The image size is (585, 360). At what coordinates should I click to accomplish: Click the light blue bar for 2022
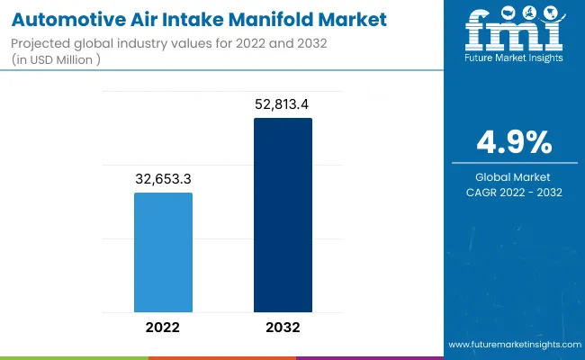163,252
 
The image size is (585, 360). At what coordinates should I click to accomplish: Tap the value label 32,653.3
163,179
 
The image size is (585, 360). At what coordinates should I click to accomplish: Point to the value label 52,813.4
283,104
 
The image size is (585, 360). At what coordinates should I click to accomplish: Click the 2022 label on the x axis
163,327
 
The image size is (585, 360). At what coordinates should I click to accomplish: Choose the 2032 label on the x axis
283,327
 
